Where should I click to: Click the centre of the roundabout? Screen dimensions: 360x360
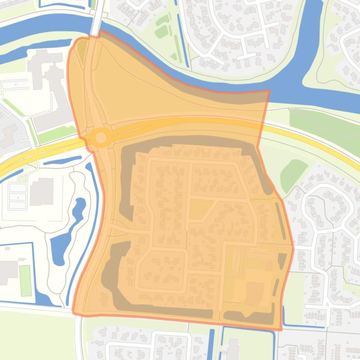tap(101, 138)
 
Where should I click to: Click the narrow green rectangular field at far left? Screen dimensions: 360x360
tap(25, 281)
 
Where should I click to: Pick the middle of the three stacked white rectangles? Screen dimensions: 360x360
tap(17, 197)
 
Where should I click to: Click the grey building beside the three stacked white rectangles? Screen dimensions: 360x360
tap(42, 192)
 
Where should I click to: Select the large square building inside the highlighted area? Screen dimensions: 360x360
tap(255, 293)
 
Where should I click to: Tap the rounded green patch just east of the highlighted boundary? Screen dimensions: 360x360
tap(294, 174)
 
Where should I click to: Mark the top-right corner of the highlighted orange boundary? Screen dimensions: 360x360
tap(269, 91)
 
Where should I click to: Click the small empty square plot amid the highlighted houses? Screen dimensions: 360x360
tap(198, 209)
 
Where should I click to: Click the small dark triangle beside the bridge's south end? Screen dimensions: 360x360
tap(81, 50)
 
